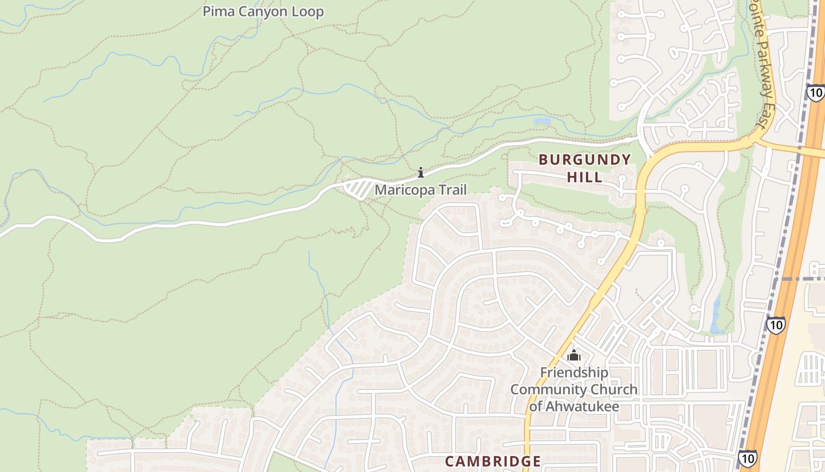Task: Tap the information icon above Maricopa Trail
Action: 421,172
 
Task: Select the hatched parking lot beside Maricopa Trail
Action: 358,189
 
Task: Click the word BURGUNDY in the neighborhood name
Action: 585,160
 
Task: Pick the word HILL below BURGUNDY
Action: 585,177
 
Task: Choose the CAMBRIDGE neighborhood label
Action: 493,461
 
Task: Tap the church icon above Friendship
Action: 574,355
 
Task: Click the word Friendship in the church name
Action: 574,373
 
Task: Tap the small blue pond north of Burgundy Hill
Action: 542,122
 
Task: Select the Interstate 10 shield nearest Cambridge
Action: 748,458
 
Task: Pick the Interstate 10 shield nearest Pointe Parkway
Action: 816,93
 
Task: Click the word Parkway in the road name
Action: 764,66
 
